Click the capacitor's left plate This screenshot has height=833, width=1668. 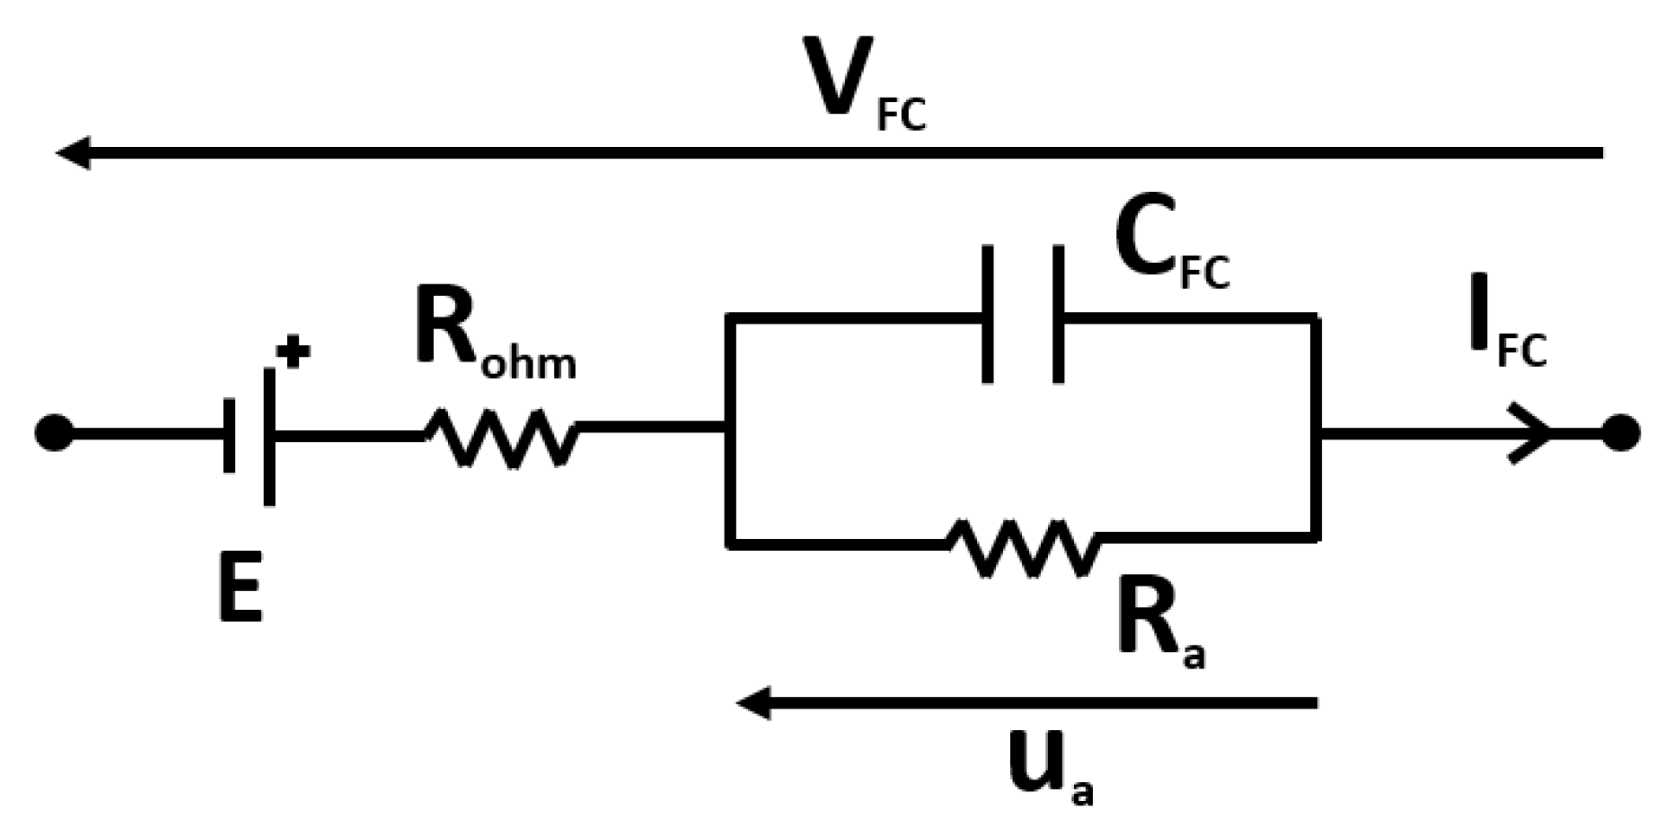tap(987, 314)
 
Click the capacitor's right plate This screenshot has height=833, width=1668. tap(1058, 314)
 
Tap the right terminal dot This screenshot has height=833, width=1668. tap(1620, 433)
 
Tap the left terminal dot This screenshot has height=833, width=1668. tap(54, 433)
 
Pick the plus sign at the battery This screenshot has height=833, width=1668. tap(293, 354)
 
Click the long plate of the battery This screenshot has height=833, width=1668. tap(270, 437)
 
